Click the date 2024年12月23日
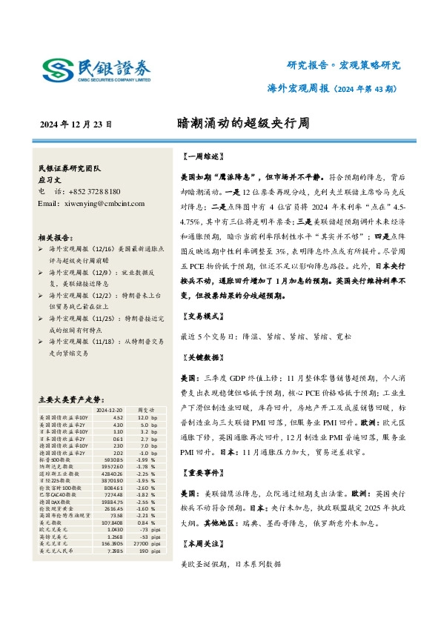[x=76, y=124]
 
